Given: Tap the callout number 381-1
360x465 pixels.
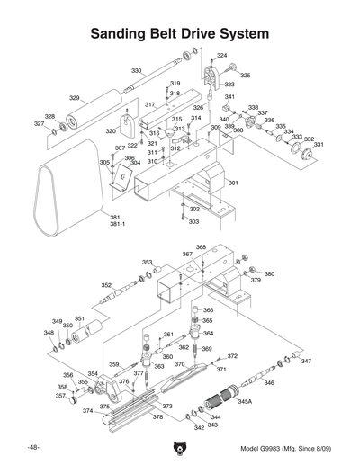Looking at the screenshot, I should (117, 224).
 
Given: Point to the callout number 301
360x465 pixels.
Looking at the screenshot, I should (233, 183).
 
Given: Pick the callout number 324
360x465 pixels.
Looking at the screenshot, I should (221, 56).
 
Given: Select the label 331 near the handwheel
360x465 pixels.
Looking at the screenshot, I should (319, 145).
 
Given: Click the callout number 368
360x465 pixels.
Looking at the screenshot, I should (201, 246).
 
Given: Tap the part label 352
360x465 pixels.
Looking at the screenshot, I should (106, 285).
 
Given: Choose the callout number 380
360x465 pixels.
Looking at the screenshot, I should (269, 273).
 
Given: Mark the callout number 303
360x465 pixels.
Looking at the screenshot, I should (193, 221).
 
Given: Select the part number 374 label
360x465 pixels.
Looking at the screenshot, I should (87, 411).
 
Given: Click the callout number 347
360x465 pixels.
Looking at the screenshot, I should (306, 361).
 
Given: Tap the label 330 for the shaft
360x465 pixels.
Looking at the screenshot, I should (137, 70).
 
